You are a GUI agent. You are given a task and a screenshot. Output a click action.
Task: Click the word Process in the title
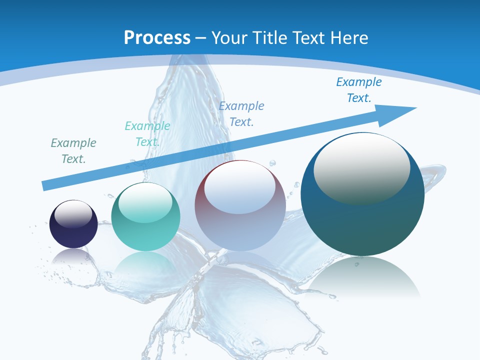click(x=157, y=38)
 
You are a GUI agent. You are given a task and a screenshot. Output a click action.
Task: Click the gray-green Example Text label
click(x=73, y=151)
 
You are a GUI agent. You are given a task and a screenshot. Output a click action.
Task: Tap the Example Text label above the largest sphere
click(x=359, y=90)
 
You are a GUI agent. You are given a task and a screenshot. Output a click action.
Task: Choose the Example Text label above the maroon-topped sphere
click(x=241, y=113)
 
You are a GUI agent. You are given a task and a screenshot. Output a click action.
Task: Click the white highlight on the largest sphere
click(x=361, y=167)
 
